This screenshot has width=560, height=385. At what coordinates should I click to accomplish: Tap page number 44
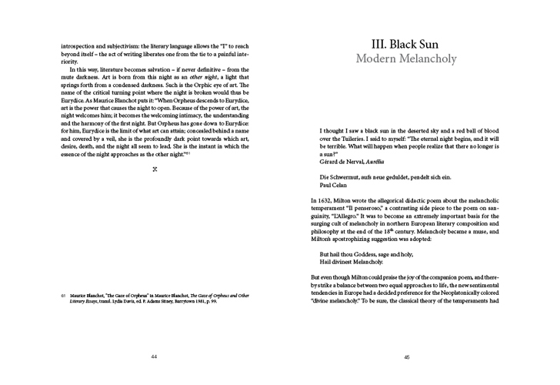coord(154,357)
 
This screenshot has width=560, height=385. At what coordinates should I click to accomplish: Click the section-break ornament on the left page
coord(155,167)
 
